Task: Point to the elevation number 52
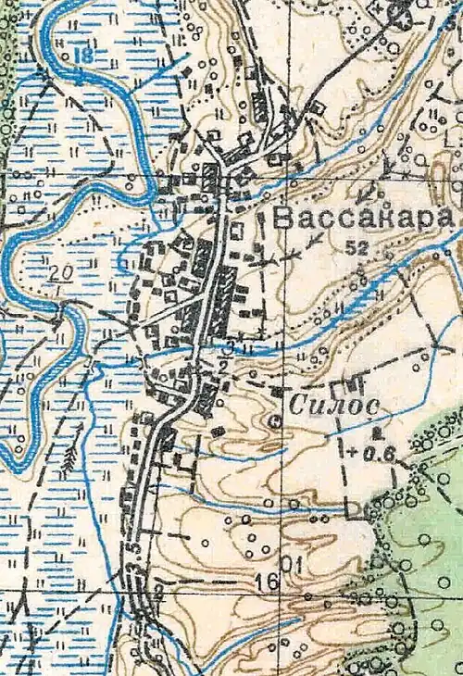click(357, 247)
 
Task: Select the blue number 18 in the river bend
click(84, 55)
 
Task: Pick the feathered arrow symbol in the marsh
click(69, 461)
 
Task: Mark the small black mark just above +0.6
click(375, 432)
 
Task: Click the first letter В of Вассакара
click(285, 219)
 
